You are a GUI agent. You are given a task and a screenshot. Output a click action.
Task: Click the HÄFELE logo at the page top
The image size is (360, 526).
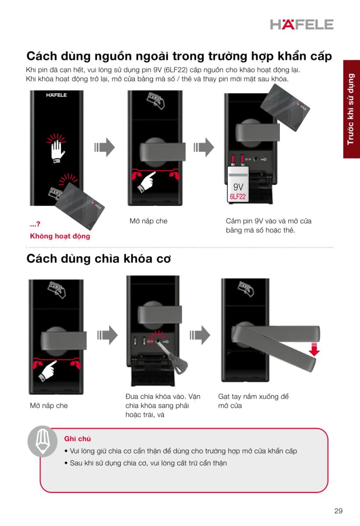tap(302, 25)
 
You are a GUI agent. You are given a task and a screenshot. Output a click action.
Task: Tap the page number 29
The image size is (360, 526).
tap(339, 511)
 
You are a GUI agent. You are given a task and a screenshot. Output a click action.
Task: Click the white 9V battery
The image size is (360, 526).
tap(238, 184)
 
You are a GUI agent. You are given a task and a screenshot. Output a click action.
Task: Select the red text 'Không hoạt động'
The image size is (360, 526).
tap(60, 236)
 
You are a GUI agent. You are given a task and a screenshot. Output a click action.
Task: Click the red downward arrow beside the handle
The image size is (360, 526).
tap(314, 349)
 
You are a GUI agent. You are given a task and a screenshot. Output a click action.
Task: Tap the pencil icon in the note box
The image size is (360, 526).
tap(42, 441)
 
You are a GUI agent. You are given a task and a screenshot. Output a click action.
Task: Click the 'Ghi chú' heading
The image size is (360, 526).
tap(78, 439)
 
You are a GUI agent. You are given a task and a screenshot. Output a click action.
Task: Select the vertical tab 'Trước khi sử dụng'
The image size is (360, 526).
tap(351, 109)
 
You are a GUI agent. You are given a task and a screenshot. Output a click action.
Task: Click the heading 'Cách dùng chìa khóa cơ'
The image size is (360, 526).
tap(99, 259)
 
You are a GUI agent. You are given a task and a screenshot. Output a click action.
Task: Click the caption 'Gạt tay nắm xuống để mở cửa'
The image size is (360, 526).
tap(253, 401)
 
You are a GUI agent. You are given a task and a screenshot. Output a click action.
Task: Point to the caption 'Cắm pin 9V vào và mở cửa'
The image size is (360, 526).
tap(268, 221)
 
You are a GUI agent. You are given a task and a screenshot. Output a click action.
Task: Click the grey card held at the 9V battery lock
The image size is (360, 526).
tap(285, 108)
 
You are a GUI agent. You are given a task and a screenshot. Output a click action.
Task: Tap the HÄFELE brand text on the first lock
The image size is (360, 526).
tap(56, 95)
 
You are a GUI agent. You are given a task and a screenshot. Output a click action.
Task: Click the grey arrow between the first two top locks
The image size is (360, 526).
tap(105, 147)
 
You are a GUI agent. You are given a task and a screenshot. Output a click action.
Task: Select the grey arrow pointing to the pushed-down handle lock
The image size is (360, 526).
tap(200, 335)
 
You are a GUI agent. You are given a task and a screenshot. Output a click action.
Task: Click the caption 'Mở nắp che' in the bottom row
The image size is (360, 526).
tap(49, 405)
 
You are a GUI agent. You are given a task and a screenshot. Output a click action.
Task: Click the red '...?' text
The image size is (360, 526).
tap(35, 224)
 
